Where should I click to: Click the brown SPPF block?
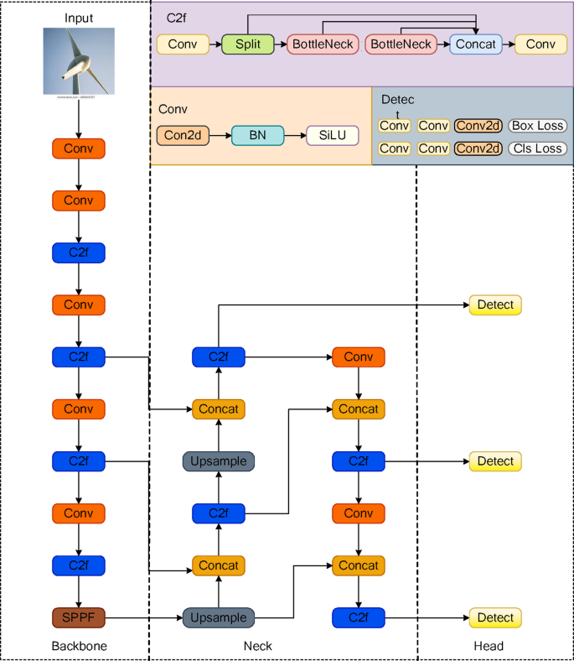click(78, 617)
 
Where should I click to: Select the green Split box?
click(248, 44)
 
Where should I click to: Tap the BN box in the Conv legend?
click(258, 134)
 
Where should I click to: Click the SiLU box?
click(332, 134)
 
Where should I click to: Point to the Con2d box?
click(183, 134)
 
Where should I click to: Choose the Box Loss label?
click(537, 126)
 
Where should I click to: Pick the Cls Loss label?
click(537, 148)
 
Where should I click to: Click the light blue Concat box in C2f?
click(475, 44)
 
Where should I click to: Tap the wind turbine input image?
click(78, 62)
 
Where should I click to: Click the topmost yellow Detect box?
click(494, 304)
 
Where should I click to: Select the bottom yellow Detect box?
click(494, 617)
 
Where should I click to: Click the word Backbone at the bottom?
click(78, 646)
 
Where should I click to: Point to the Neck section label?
click(256, 646)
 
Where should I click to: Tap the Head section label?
click(489, 646)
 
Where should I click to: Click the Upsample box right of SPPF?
click(219, 617)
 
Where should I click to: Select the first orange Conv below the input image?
click(78, 148)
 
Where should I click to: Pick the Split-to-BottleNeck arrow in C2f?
click(281, 44)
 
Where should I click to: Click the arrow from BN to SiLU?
click(295, 134)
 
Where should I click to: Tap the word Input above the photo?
click(78, 18)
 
